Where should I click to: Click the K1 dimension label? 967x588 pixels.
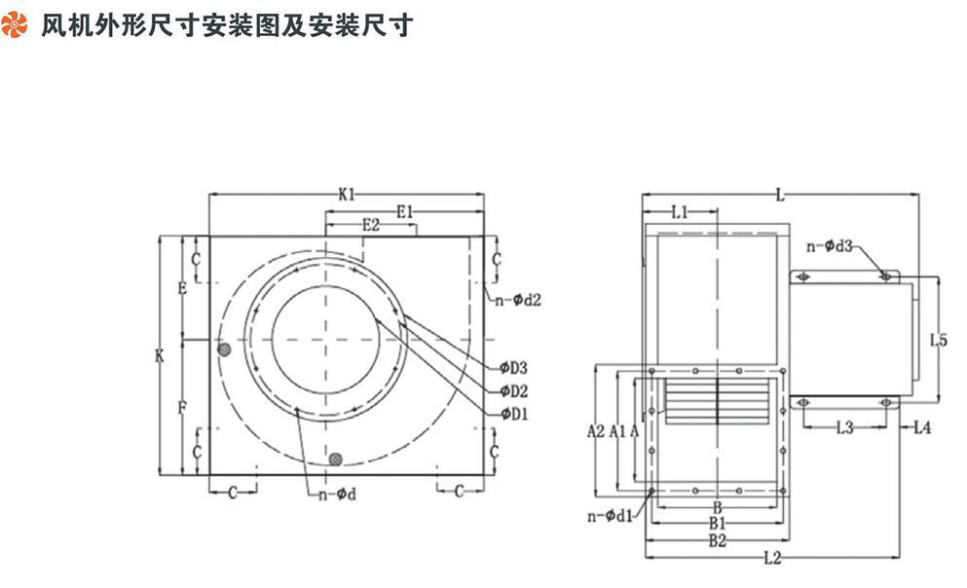click(347, 195)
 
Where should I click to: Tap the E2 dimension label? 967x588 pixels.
click(370, 225)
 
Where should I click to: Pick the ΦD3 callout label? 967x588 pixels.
click(513, 368)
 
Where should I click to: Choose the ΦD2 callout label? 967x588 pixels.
click(513, 391)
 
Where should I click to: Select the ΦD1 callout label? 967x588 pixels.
click(513, 415)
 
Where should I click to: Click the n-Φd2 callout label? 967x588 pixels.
click(516, 301)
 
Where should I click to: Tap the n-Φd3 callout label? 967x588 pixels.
click(831, 247)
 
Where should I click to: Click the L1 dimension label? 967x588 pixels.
click(680, 211)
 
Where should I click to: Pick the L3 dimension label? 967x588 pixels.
click(844, 426)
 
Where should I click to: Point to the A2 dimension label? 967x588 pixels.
click(596, 429)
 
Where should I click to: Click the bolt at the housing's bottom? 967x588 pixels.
click(336, 459)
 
